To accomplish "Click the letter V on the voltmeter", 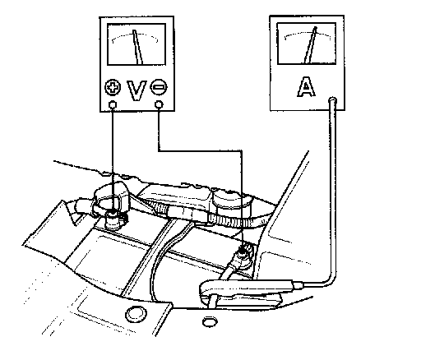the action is click(136, 90).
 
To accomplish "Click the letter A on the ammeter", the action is click(307, 86).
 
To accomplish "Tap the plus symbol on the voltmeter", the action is click(113, 87).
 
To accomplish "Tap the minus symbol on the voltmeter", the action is click(159, 87).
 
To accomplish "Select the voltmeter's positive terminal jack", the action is click(113, 104).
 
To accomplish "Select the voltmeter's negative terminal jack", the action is click(159, 104).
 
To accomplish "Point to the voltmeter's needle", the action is click(137, 47).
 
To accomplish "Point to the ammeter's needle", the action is click(311, 45).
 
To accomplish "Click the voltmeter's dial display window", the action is click(136, 44).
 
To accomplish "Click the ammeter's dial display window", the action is click(307, 44).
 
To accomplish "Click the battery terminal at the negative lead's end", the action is click(243, 252).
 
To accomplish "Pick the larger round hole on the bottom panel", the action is click(136, 314).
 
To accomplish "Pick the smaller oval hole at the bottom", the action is click(210, 321).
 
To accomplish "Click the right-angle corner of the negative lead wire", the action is click(241, 150).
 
